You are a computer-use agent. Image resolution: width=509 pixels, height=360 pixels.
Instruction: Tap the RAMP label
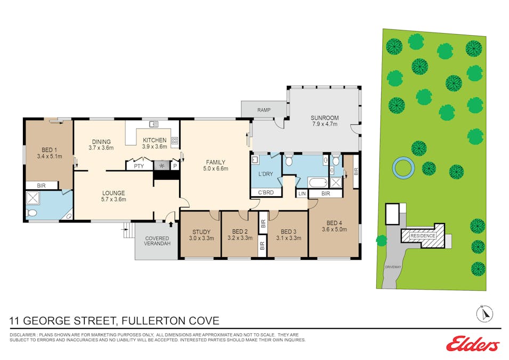(x=264, y=110)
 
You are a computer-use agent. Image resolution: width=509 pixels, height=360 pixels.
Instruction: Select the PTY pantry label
(x=139, y=166)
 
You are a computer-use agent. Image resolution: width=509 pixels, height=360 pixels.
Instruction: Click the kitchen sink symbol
(x=153, y=124)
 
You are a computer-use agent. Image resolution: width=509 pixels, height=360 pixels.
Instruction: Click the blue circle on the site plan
(x=402, y=167)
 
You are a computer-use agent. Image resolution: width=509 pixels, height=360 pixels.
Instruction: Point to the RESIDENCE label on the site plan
(x=422, y=235)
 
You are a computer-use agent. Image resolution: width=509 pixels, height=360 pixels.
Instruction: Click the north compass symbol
(x=484, y=314)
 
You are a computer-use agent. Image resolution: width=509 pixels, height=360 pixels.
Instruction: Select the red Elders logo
(x=473, y=345)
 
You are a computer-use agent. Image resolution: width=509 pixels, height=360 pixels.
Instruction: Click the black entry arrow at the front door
(x=171, y=216)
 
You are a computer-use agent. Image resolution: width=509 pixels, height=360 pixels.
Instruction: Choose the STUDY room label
(x=201, y=231)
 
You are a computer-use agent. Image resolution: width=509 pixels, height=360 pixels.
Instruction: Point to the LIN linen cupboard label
(x=302, y=194)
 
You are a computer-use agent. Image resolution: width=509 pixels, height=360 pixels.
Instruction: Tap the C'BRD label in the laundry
(x=266, y=192)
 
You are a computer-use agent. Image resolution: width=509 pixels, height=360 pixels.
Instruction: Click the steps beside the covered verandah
(x=127, y=231)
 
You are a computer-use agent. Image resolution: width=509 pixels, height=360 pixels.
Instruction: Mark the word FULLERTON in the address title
(x=153, y=321)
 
